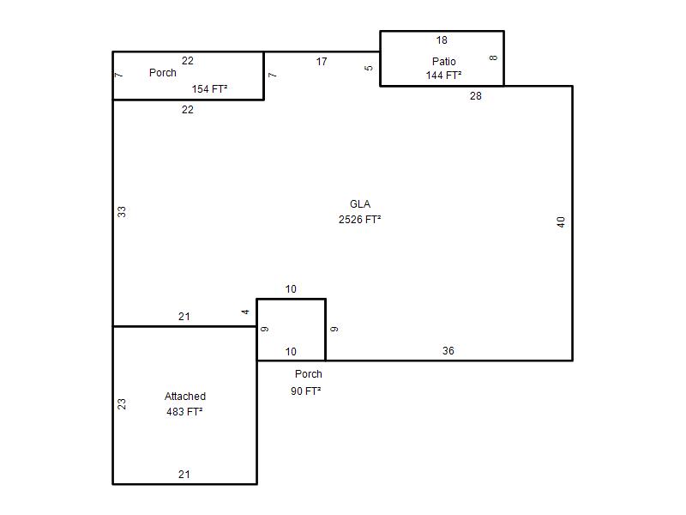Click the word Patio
tap(443, 61)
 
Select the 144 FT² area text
tap(443, 76)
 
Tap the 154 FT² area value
tap(209, 89)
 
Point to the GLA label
tap(360, 204)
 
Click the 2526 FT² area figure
tap(359, 220)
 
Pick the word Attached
tap(185, 397)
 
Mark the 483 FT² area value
tap(184, 412)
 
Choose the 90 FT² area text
tap(306, 391)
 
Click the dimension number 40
tap(561, 222)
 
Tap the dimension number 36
tap(448, 351)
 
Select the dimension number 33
tap(122, 212)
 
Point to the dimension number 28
tap(476, 96)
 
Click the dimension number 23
tap(122, 403)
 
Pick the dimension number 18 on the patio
tap(442, 40)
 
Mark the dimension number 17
tap(322, 62)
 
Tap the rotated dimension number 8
tap(493, 58)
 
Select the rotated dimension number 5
tap(369, 68)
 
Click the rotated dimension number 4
tap(245, 312)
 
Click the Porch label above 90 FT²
tap(309, 374)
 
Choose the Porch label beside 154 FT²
tap(163, 73)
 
